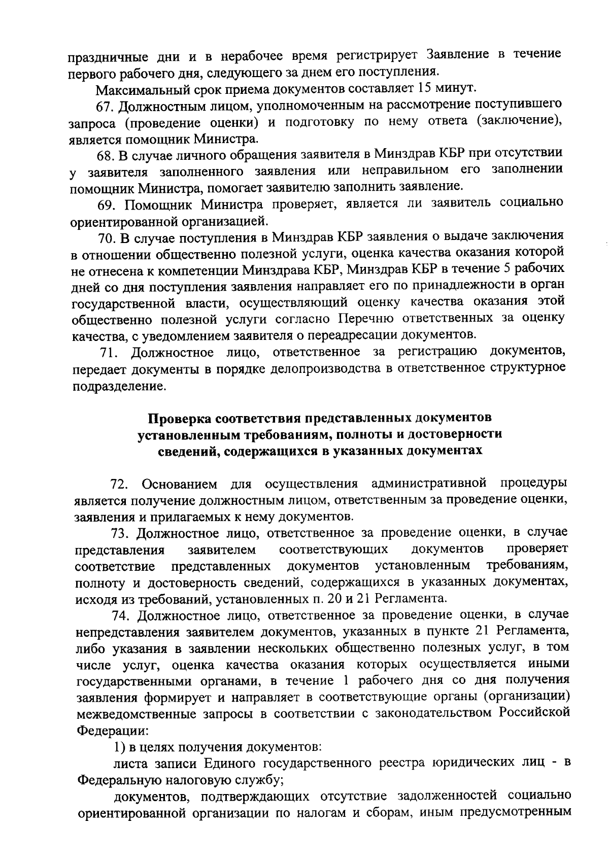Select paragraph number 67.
107,107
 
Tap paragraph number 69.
107,204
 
